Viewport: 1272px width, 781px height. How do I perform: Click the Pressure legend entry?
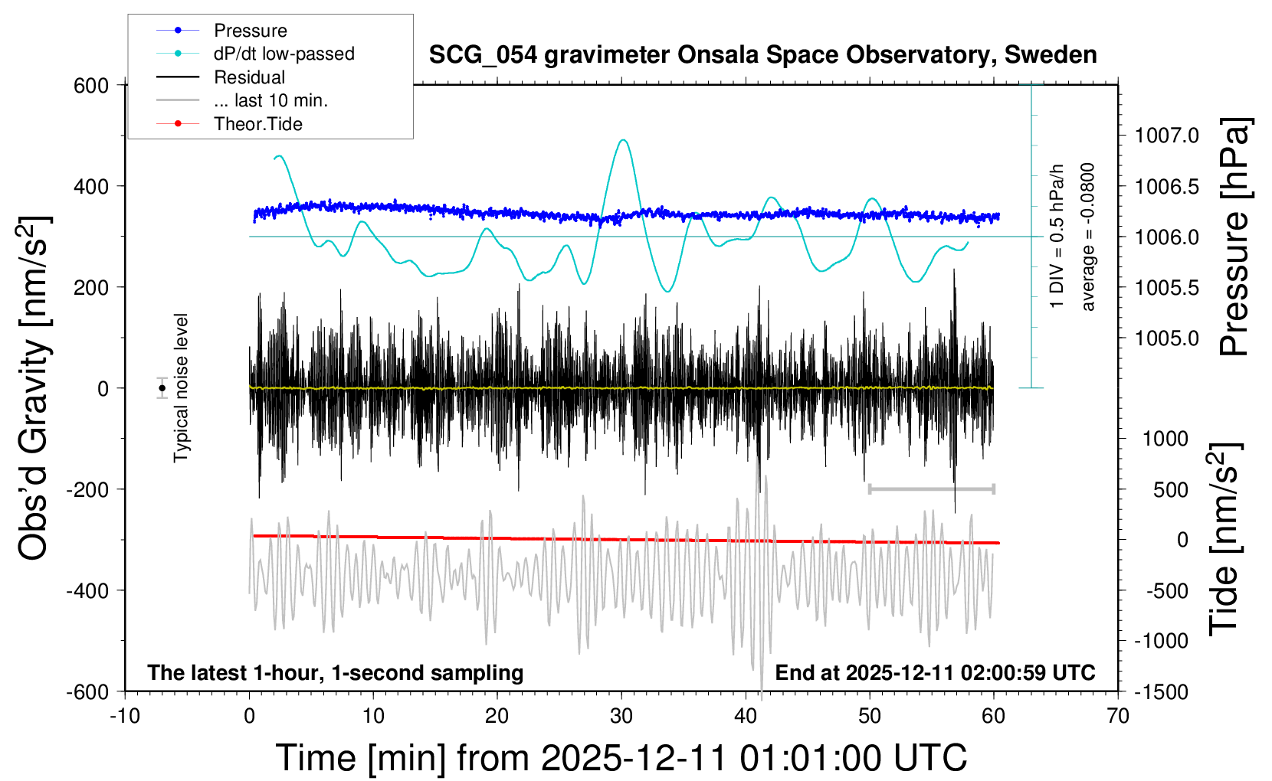click(x=250, y=31)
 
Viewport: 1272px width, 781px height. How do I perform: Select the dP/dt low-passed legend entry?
click(x=284, y=54)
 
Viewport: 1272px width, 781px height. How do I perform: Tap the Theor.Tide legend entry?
click(x=257, y=124)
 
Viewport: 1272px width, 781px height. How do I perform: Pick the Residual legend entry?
click(x=249, y=77)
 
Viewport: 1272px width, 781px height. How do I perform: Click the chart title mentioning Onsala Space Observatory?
click(x=762, y=55)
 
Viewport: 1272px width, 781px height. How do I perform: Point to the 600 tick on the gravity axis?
click(x=91, y=85)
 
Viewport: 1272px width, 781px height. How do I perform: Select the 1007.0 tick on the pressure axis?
click(x=1166, y=136)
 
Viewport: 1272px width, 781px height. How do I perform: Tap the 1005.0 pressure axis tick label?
click(x=1166, y=338)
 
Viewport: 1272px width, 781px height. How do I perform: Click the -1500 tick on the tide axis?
click(x=1161, y=691)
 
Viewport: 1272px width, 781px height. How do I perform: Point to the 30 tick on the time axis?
click(x=621, y=716)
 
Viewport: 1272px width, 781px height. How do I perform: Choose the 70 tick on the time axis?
click(x=1118, y=716)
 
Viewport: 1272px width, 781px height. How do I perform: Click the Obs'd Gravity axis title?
click(x=34, y=388)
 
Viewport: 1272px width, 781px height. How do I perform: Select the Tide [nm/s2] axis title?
click(x=1225, y=539)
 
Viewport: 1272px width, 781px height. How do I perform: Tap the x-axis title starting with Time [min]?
click(x=621, y=758)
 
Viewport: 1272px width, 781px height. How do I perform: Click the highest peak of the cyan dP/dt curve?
click(x=623, y=140)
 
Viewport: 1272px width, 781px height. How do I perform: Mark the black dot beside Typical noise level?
click(x=162, y=388)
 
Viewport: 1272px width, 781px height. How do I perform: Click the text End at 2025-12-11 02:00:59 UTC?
click(x=935, y=672)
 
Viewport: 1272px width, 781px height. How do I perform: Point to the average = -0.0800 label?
click(x=1088, y=237)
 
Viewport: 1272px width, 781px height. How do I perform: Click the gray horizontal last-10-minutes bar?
click(x=931, y=489)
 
